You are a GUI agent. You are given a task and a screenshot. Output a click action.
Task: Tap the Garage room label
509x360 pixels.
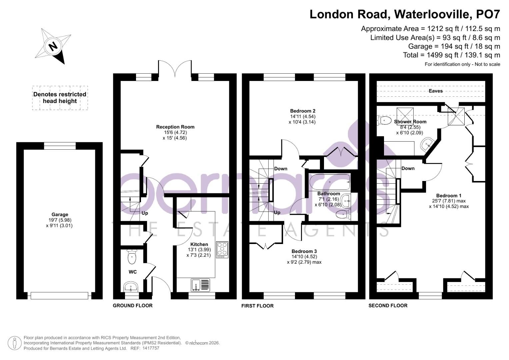click(60, 214)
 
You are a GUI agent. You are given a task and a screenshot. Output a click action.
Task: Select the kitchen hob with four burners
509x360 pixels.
click(222, 250)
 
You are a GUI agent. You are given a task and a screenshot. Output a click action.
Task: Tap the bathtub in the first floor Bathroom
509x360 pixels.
click(329, 182)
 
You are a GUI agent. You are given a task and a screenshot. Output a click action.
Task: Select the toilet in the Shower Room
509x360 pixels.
click(384, 120)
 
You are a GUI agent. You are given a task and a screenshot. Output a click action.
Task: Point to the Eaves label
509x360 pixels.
click(436, 91)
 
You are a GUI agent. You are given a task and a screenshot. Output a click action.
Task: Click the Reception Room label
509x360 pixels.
click(175, 127)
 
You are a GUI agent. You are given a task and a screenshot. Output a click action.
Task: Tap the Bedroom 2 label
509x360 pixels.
click(302, 111)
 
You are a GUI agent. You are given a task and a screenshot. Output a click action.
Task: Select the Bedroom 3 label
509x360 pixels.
click(304, 251)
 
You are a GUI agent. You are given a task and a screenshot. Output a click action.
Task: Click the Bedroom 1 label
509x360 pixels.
click(449, 195)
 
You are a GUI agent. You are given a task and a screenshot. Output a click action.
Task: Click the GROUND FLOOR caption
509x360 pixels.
click(133, 305)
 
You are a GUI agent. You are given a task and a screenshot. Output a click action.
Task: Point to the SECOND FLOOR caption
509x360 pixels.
click(388, 305)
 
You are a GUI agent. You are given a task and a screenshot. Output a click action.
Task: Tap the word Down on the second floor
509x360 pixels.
click(408, 168)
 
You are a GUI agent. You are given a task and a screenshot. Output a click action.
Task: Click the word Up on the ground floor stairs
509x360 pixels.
click(145, 213)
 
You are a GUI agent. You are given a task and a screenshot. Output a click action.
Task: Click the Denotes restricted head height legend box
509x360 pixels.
click(60, 98)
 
